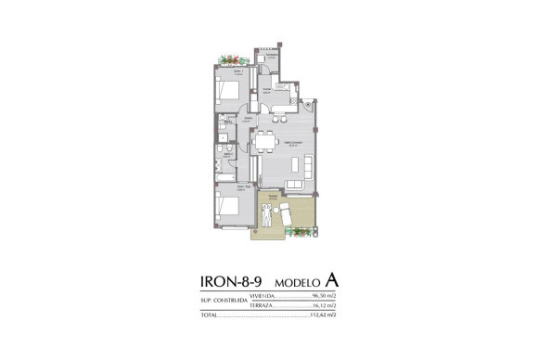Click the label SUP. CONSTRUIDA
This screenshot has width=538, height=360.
point(224,302)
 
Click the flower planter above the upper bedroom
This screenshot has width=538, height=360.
point(228,61)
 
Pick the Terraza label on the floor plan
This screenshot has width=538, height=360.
point(273,196)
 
